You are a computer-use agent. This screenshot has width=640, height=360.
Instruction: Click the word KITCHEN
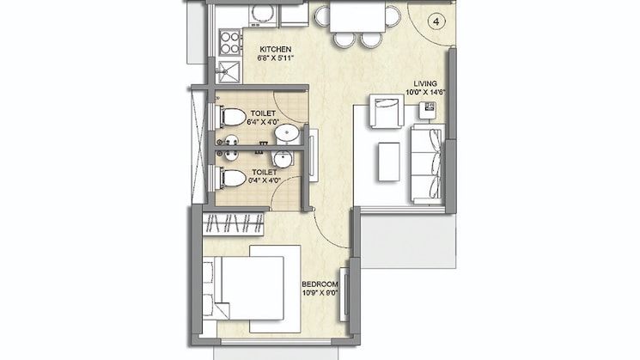coord(276,50)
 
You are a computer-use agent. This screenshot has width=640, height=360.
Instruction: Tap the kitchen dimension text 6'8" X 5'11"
coord(276,60)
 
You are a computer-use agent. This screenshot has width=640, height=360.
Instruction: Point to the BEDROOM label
coord(320,284)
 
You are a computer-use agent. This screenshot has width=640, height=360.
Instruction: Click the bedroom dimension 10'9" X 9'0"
coord(320,294)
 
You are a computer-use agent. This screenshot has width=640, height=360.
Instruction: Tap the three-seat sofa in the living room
coord(426,162)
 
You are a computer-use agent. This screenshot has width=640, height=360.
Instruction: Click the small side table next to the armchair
coord(427,109)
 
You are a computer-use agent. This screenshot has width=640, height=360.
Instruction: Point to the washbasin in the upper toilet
coord(287,132)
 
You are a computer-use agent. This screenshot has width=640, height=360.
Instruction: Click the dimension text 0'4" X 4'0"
coord(264,180)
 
